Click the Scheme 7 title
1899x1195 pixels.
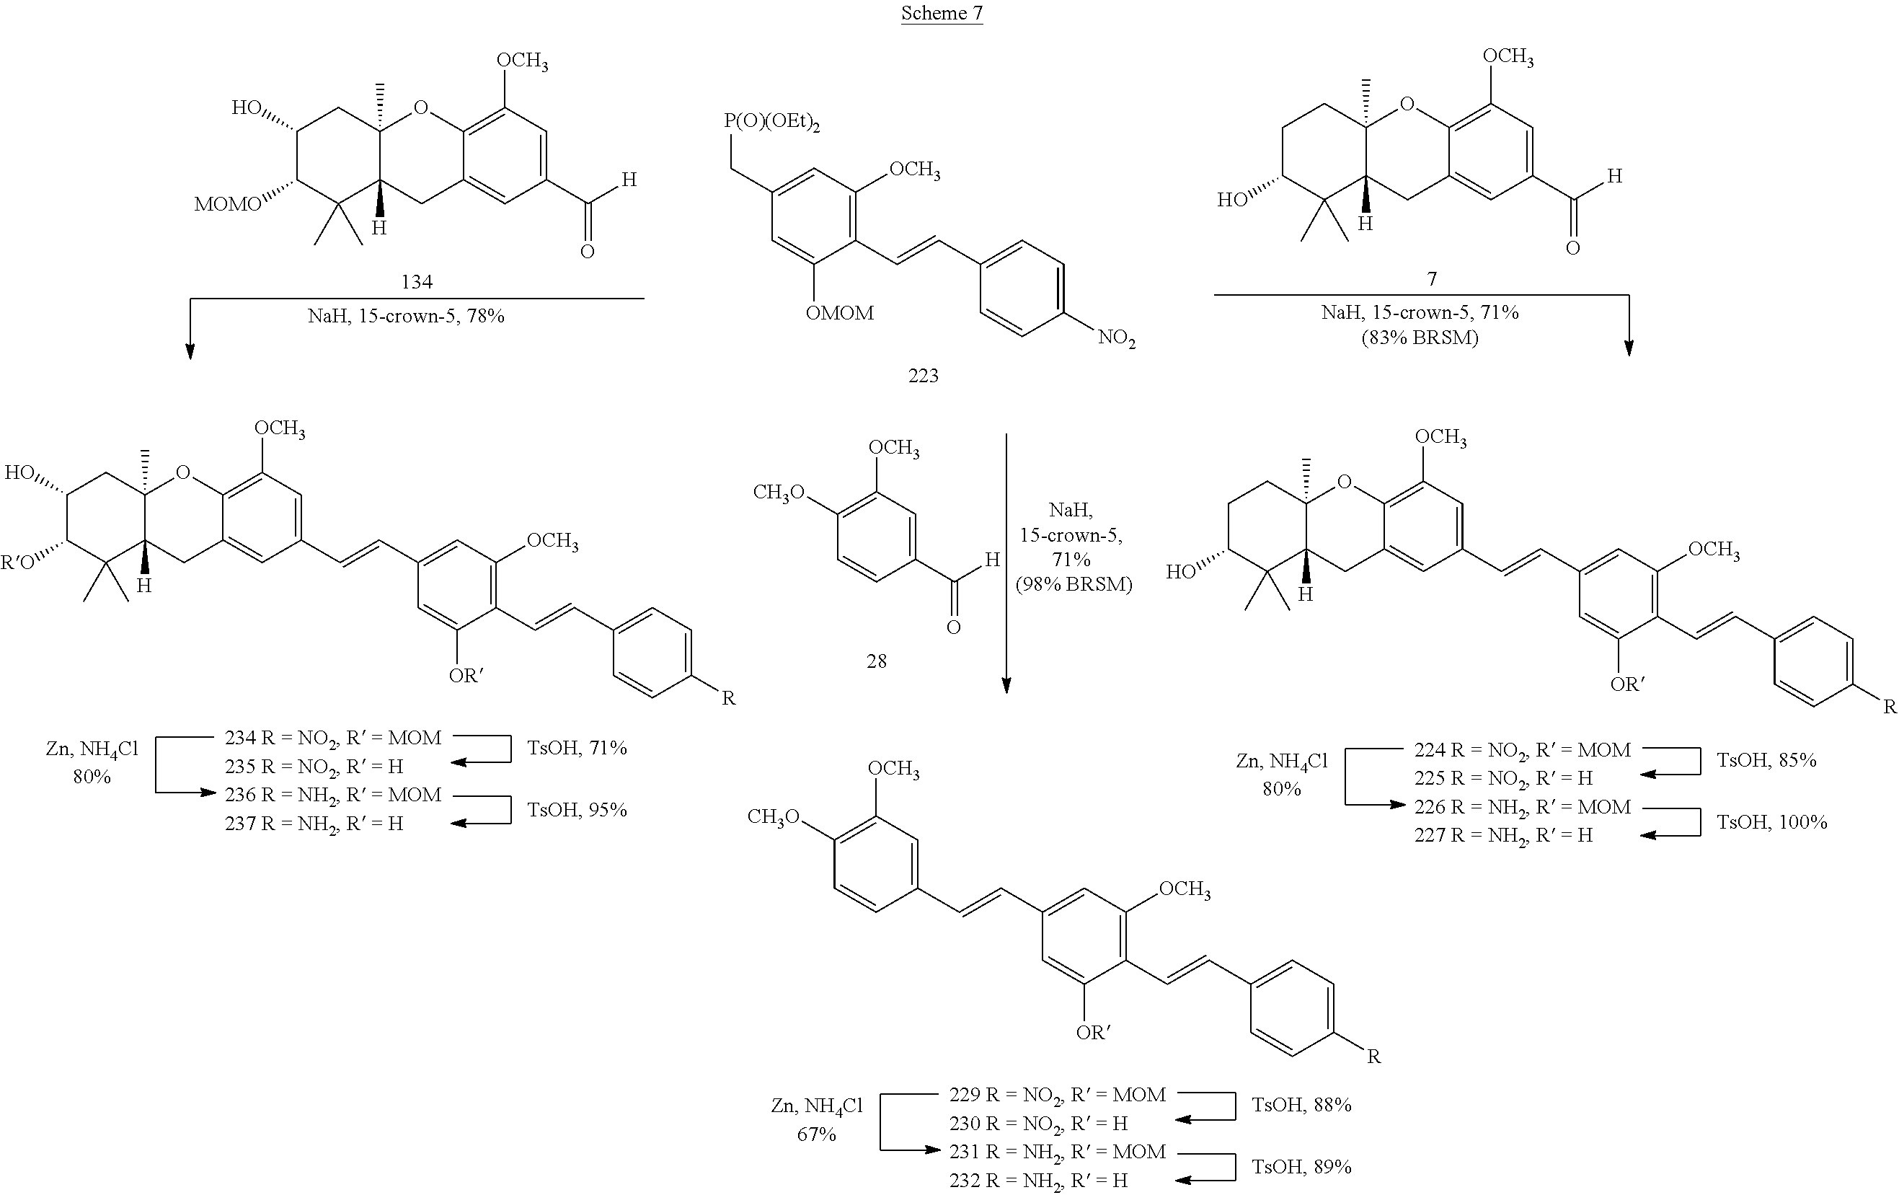coord(942,14)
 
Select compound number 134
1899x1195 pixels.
coord(417,281)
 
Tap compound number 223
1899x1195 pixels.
coord(923,376)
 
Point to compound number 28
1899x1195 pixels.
coord(876,661)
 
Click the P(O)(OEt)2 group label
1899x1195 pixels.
coord(772,123)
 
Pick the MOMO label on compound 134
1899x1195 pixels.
coord(228,205)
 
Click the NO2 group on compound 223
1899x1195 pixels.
coord(1116,339)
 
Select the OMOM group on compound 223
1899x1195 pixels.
coord(839,314)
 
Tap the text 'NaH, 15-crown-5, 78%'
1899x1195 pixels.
coord(405,317)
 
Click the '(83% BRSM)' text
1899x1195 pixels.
coord(1420,338)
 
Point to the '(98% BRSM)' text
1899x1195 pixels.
coord(1074,584)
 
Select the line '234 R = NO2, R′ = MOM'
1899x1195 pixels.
coord(333,738)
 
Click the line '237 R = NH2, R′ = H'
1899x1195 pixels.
coord(314,824)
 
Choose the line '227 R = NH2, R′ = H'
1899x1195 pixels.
coord(1503,835)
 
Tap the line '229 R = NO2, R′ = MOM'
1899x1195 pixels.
coord(1057,1095)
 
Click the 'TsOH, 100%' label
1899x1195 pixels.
coord(1772,822)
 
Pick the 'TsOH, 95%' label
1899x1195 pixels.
coord(577,810)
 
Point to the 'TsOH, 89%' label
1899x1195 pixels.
coord(1301,1167)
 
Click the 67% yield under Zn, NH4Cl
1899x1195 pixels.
coord(816,1134)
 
